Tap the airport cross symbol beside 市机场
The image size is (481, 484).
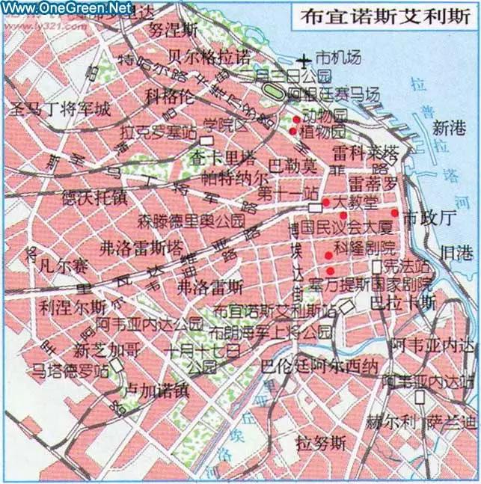304,59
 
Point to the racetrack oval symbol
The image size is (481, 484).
275,94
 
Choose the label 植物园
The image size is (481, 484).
323,132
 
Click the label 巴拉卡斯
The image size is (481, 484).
403,303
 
